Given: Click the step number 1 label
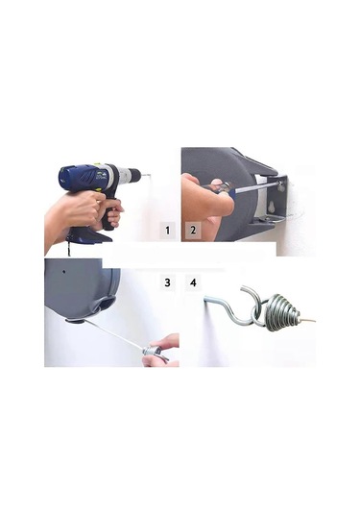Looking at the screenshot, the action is pyautogui.click(x=167, y=231).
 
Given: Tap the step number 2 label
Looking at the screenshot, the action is pyautogui.click(x=193, y=230).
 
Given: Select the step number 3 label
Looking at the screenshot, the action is pyautogui.click(x=167, y=282).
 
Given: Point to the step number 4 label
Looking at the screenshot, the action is pyautogui.click(x=193, y=282).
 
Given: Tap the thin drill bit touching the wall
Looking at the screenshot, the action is pyautogui.click(x=144, y=175).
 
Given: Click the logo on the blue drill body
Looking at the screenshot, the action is pyautogui.click(x=100, y=176).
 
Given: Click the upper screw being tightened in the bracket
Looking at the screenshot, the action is pyautogui.click(x=279, y=186).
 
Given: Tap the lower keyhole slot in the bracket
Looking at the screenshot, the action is pyautogui.click(x=273, y=207).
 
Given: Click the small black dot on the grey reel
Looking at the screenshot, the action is pyautogui.click(x=65, y=272).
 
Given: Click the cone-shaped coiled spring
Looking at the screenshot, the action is pyautogui.click(x=282, y=311).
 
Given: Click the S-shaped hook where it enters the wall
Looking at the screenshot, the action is pyautogui.click(x=206, y=298).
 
